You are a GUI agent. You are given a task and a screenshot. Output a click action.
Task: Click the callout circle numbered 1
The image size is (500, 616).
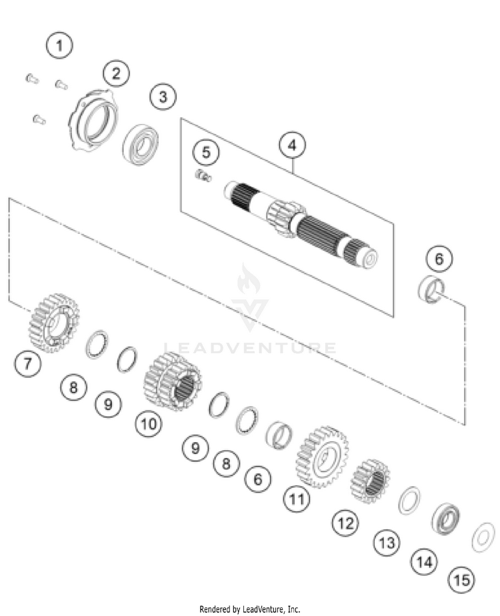click(x=59, y=45)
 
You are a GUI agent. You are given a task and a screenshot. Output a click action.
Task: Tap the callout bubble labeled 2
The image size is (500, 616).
click(x=116, y=73)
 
